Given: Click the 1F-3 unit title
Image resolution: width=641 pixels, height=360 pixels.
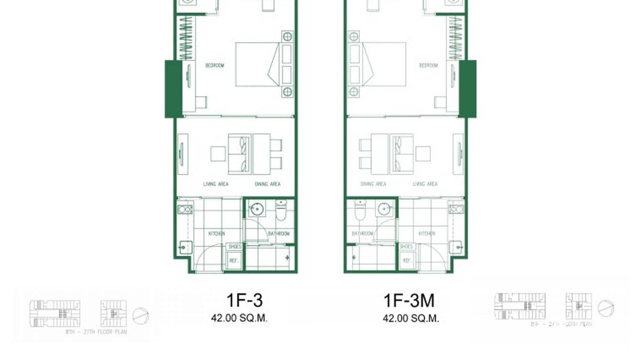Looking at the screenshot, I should pos(244,300).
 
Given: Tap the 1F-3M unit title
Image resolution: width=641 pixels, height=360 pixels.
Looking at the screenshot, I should pos(409,300).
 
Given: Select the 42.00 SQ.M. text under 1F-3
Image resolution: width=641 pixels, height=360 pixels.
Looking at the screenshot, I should pos(239,318).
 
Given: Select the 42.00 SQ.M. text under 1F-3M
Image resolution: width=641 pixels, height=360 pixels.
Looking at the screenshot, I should pos(410,318).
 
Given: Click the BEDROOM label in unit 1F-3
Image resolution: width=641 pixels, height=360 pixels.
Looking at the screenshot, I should pos(214,65).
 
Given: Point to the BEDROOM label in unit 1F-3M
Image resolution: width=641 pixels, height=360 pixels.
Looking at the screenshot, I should pos(428,65).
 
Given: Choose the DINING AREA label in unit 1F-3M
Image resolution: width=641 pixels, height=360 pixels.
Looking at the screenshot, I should pos(373,184).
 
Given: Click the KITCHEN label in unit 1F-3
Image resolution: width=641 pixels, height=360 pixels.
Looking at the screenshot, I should pos(216,233).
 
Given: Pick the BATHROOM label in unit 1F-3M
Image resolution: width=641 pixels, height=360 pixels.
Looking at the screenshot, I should pos(362,233).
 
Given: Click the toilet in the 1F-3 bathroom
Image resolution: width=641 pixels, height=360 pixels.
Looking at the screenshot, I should pos(280,210).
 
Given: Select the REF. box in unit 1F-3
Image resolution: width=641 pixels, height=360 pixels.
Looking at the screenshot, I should pos(234,261).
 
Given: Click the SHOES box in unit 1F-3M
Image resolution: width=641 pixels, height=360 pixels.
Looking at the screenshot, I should pos(406,246).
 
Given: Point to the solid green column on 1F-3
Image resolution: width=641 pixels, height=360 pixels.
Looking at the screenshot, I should pos(173,89).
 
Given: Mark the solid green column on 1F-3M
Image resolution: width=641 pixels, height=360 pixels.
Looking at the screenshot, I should pos(468,89).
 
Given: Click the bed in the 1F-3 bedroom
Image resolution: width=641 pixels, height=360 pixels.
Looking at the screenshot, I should pos(257,64).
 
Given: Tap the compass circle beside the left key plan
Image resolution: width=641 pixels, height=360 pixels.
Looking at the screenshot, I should pos(140,316).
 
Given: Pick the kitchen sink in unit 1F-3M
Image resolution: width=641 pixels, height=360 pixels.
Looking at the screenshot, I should pos(456,209).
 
